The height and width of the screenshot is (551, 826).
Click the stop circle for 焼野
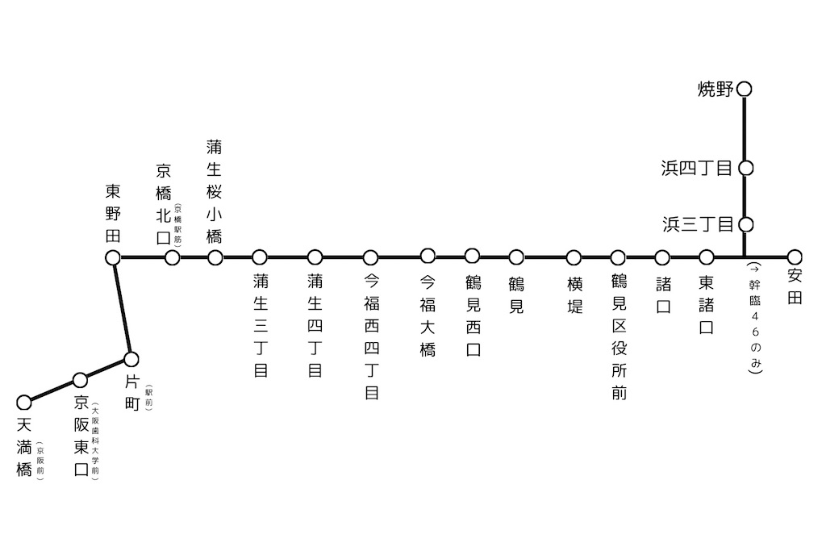745,89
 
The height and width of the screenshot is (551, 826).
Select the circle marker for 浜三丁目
745,224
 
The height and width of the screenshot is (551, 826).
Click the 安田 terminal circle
795,257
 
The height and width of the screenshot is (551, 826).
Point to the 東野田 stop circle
113,257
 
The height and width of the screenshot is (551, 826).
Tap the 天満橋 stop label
24,446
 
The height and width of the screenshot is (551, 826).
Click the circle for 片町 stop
131,358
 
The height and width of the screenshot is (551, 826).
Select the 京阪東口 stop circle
80,380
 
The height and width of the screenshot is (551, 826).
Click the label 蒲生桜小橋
215,192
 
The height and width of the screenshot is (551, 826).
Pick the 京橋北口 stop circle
172,257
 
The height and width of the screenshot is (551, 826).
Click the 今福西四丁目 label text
371,336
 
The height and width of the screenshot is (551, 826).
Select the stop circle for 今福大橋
428,257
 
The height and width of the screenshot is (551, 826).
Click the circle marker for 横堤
574,257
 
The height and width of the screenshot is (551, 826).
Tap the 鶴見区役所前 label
619,336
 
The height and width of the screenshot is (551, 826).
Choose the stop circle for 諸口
662,257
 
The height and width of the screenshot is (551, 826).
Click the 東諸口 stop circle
707,257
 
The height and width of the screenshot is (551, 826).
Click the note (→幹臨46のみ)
754,318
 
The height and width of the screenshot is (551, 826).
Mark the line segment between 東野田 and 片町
123,308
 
